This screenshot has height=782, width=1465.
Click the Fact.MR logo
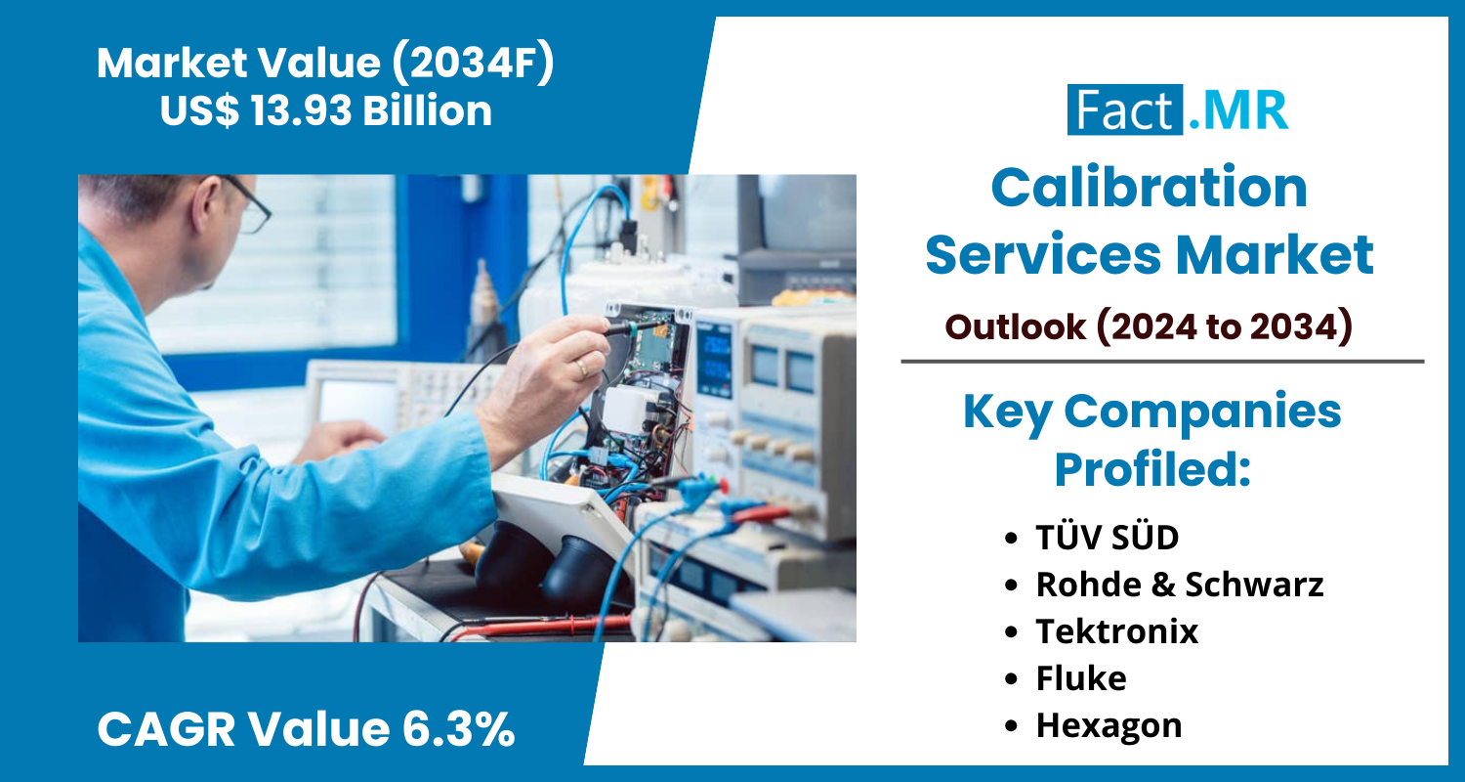(x=1177, y=109)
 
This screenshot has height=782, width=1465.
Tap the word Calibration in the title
(x=1150, y=188)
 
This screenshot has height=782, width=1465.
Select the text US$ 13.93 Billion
(x=325, y=109)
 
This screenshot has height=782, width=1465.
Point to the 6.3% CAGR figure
(x=458, y=728)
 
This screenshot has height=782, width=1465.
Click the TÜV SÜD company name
(x=1107, y=538)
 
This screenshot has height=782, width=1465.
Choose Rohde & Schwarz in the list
(x=1179, y=585)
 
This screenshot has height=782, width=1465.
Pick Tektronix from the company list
(x=1117, y=631)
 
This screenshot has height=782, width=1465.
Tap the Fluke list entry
(x=1081, y=678)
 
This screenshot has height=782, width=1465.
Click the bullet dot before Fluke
(x=1011, y=679)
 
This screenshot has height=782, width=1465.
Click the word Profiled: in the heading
(x=1152, y=469)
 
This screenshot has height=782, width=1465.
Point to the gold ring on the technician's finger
(x=581, y=369)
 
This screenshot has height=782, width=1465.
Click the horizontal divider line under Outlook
(x=1162, y=362)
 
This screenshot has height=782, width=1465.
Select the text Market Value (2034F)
(x=325, y=63)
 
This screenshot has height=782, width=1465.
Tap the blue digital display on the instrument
(x=715, y=358)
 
